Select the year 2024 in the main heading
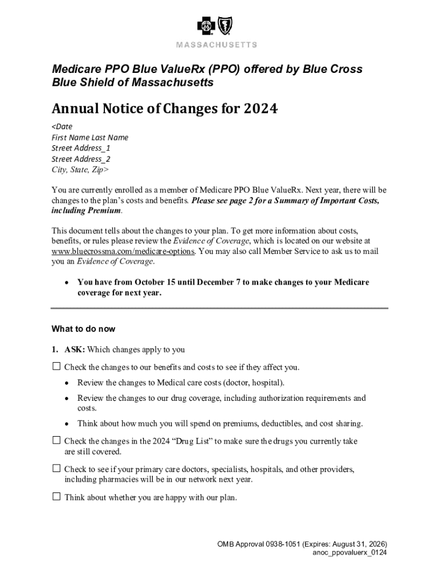pos(259,109)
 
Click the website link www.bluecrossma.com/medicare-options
pos(123,251)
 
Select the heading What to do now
pos(83,329)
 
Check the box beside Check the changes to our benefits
pos(56,367)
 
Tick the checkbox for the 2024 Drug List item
pos(56,441)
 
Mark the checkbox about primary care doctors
pos(56,469)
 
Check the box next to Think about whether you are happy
pos(56,496)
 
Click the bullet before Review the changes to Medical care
pos(67,383)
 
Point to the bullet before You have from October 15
pos(67,282)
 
